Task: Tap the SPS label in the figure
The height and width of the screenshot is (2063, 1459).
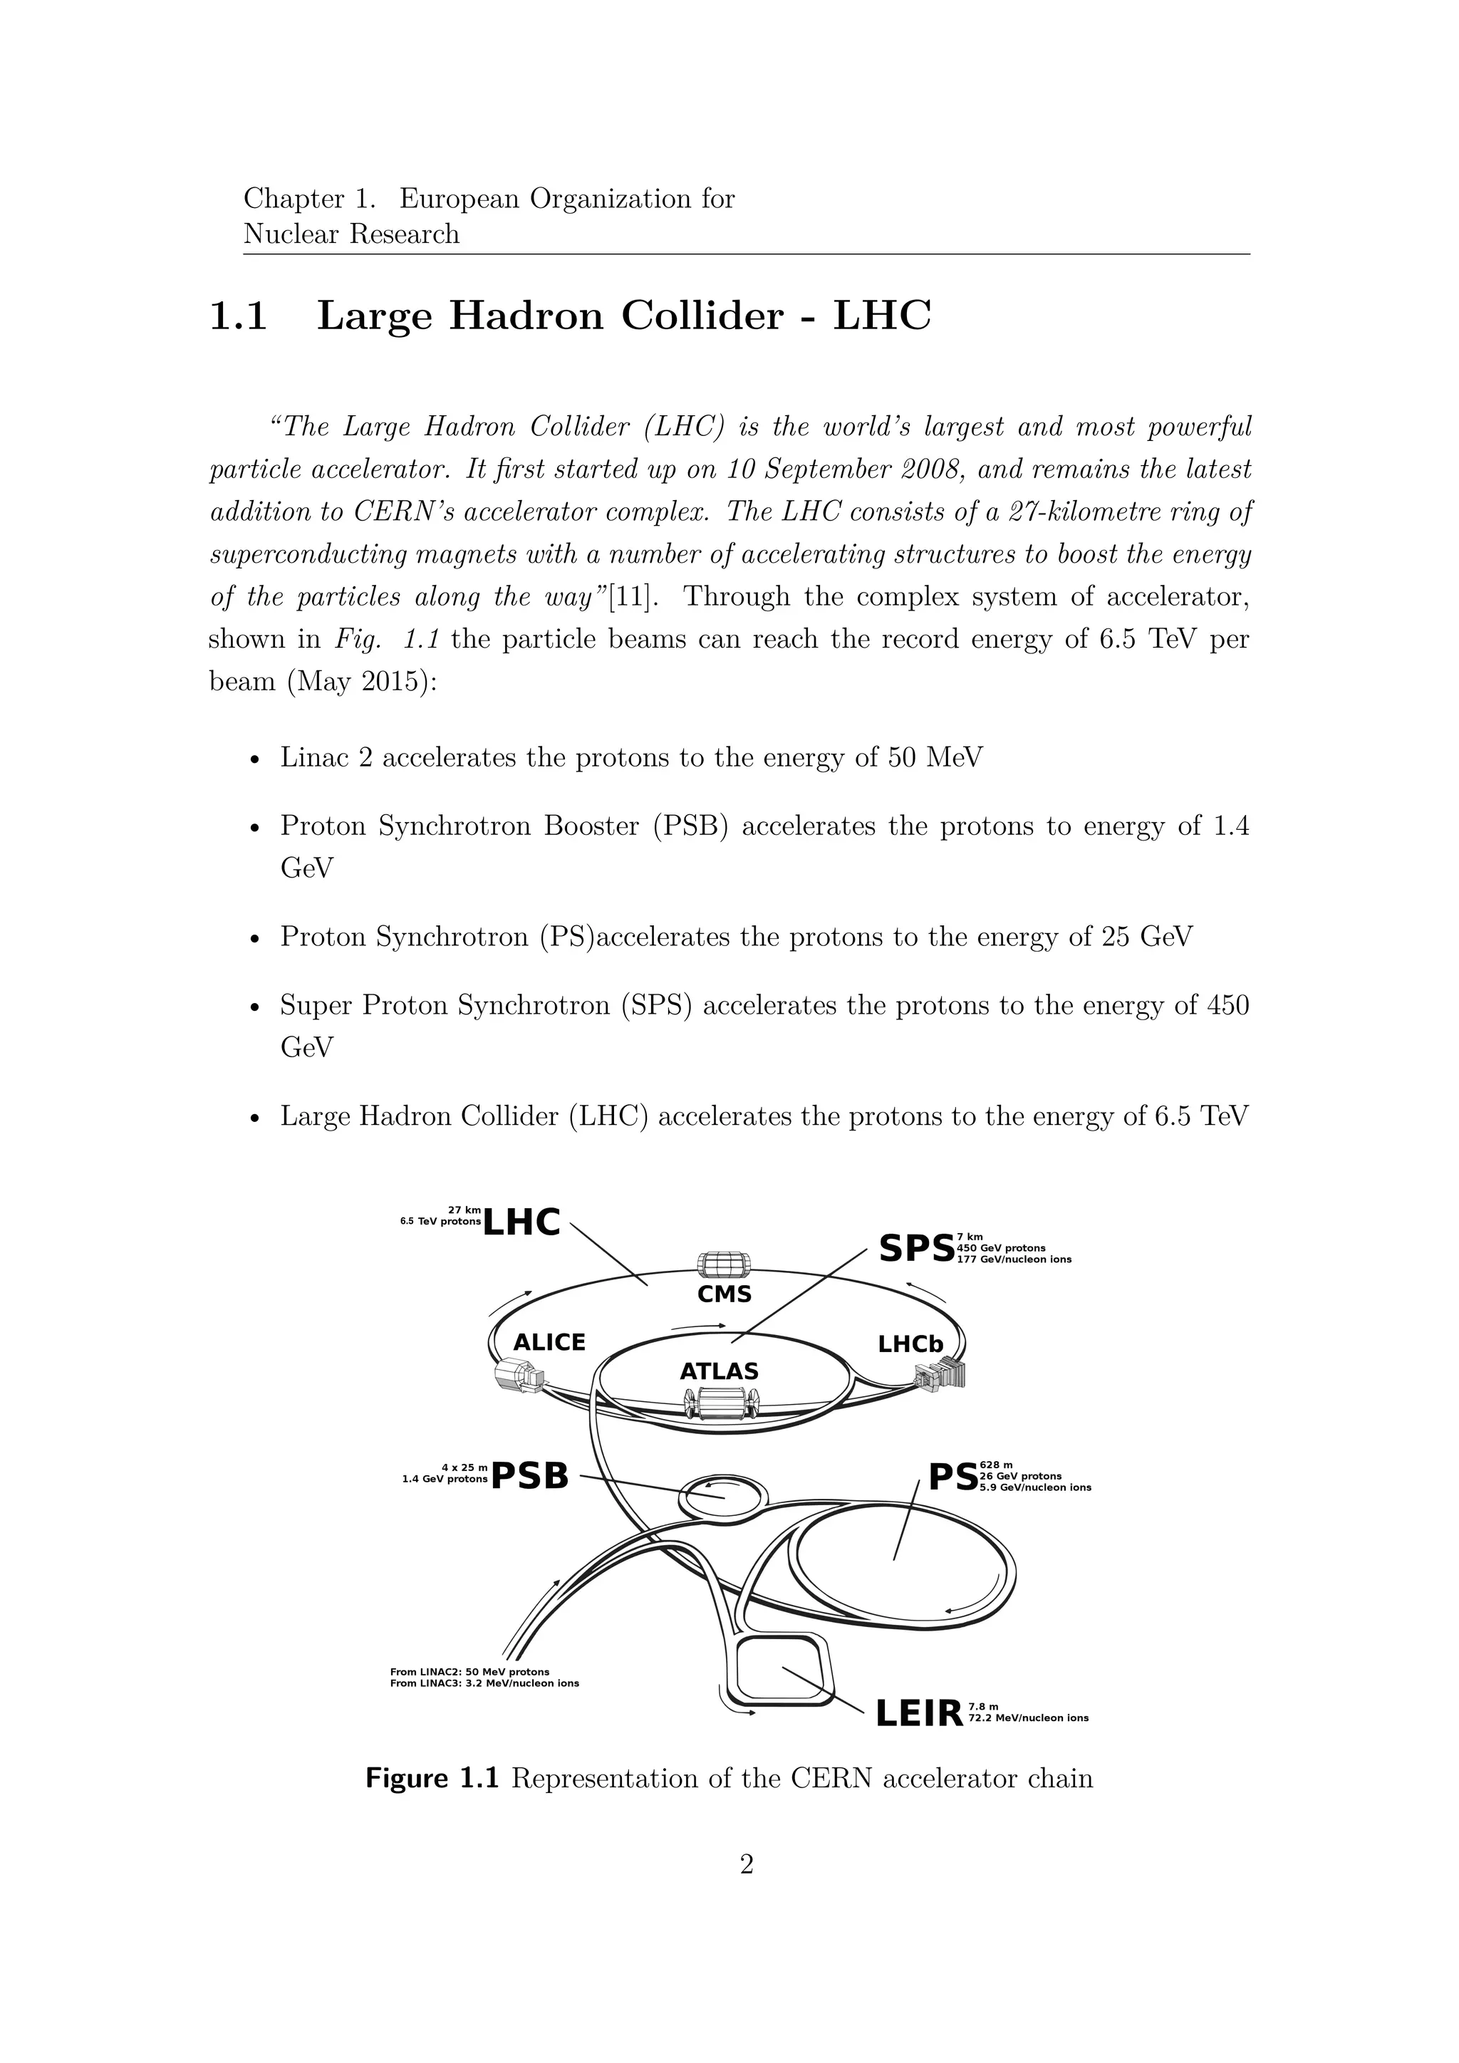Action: point(915,1248)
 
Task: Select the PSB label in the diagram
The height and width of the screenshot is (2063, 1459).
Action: point(530,1475)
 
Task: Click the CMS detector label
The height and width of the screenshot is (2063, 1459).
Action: point(724,1295)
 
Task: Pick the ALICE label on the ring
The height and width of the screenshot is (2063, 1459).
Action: point(549,1342)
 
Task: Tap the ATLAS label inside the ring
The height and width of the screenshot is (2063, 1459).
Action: point(719,1372)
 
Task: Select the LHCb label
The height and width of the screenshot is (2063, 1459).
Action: point(910,1344)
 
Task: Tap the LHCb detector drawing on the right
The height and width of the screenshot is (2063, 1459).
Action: point(939,1376)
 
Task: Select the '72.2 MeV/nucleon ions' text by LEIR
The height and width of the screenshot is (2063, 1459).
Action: point(1029,1718)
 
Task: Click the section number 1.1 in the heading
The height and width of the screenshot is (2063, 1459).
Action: point(238,316)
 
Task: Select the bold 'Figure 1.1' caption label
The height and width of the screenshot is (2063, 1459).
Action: point(431,1779)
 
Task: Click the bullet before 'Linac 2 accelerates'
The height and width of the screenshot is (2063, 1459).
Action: point(255,759)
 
